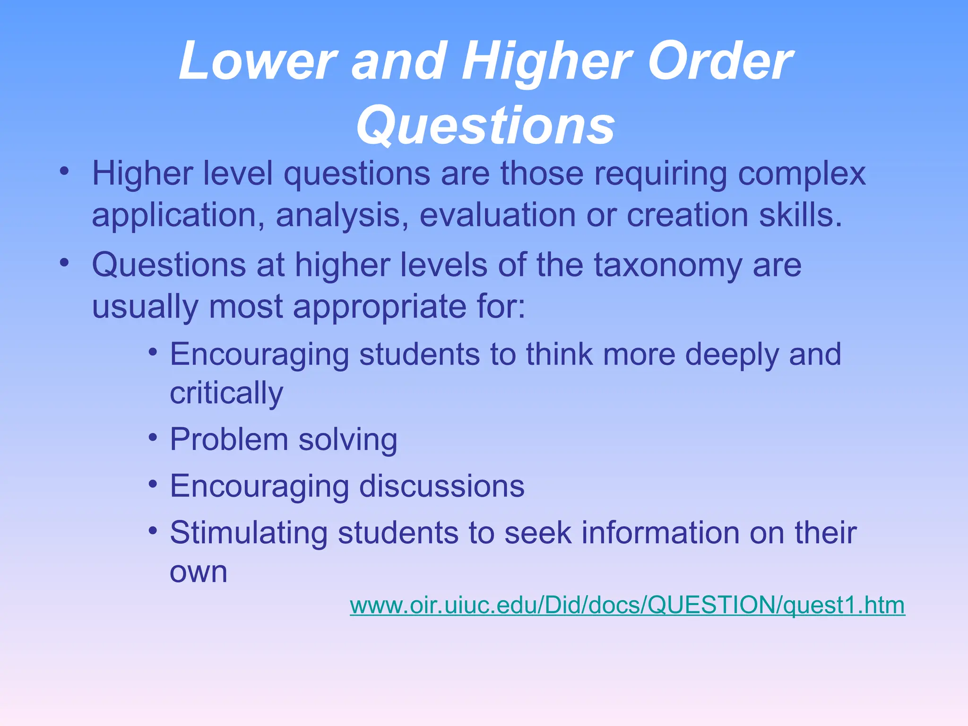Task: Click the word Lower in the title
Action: coord(258,61)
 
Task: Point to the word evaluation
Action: coord(497,215)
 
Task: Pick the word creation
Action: coord(687,215)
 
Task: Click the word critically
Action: coord(226,393)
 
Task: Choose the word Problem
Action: coord(229,440)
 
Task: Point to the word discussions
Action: coord(441,486)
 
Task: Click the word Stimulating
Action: coord(249,533)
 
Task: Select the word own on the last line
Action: coord(199,572)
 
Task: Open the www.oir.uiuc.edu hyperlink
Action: coord(627,605)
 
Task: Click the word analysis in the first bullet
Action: coord(342,215)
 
